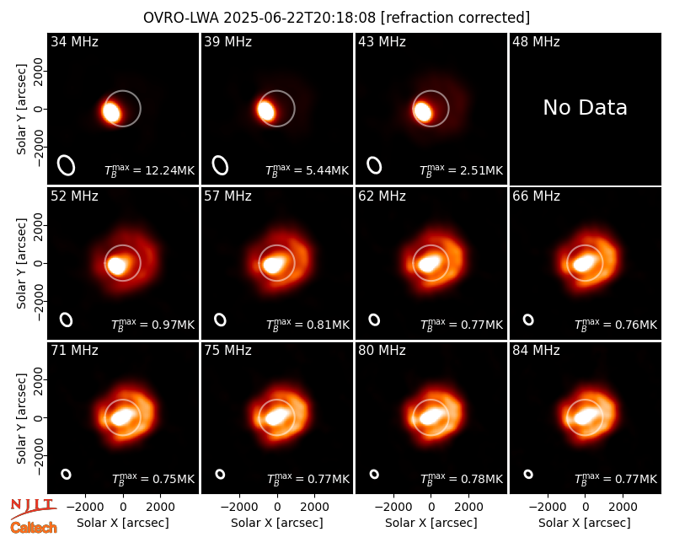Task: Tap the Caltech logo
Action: (x=34, y=528)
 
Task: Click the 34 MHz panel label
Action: (x=74, y=41)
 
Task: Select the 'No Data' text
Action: (x=585, y=108)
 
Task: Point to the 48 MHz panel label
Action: (x=536, y=41)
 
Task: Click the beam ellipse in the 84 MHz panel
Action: (x=528, y=474)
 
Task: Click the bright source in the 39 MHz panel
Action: (x=266, y=110)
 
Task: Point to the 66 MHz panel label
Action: (x=536, y=196)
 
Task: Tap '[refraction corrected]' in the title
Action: (x=455, y=18)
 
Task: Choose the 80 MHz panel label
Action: (x=382, y=351)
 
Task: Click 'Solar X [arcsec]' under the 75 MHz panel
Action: (x=277, y=523)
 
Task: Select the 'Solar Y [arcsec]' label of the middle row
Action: (x=22, y=263)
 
